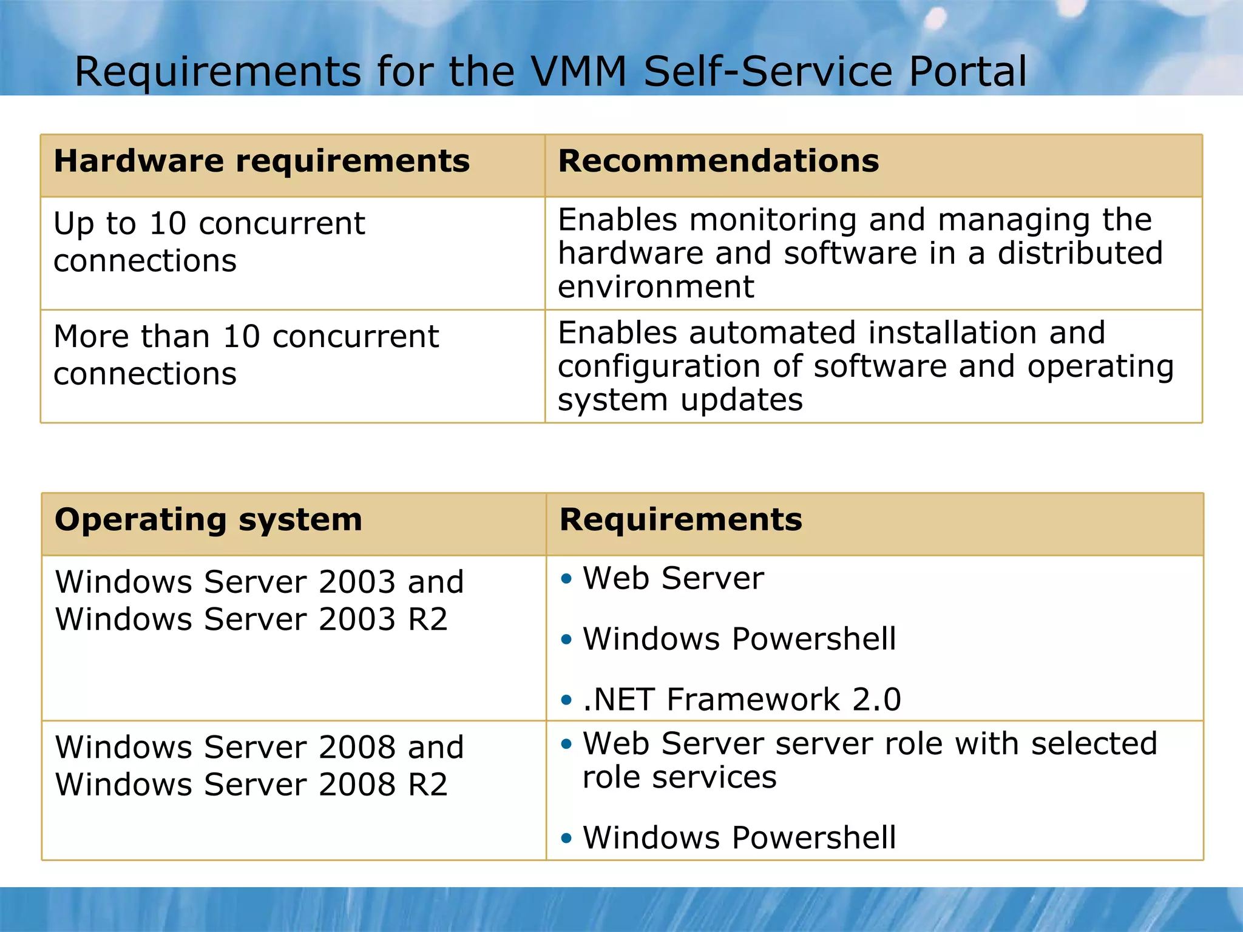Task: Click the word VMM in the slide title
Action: [578, 72]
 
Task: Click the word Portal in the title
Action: [967, 72]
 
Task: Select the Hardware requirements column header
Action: [262, 161]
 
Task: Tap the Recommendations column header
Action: [718, 161]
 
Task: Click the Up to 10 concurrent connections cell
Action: [209, 241]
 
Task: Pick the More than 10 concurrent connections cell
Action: [246, 354]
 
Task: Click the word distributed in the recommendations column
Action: [1080, 253]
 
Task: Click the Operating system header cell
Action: [208, 520]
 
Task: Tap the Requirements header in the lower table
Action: [680, 520]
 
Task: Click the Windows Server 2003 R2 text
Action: [251, 620]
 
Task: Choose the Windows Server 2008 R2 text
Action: [251, 785]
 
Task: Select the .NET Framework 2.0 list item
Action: [742, 699]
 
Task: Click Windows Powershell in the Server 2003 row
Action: [739, 639]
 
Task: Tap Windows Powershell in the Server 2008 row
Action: [739, 838]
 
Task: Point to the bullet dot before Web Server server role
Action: [566, 744]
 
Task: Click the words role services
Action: [679, 777]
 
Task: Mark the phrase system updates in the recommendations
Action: [680, 400]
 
